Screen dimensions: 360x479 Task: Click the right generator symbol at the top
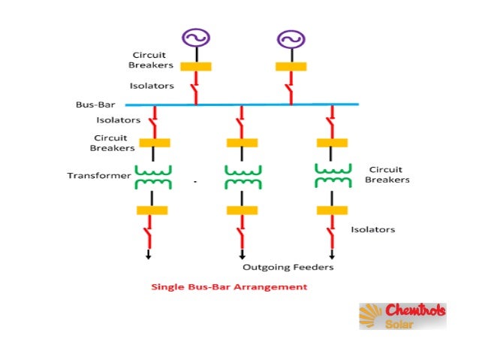(x=290, y=38)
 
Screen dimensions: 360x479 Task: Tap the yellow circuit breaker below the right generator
(x=290, y=66)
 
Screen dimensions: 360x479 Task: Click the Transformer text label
(x=99, y=176)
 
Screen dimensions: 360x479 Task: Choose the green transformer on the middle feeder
(x=243, y=177)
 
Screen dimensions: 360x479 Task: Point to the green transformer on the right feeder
(x=332, y=177)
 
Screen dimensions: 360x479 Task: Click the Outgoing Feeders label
(x=288, y=267)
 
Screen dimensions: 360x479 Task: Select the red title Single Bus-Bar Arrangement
(x=229, y=286)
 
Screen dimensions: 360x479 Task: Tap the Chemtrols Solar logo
(x=402, y=316)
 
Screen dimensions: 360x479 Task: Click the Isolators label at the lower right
(x=372, y=229)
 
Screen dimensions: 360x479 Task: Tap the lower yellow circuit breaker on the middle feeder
(x=242, y=210)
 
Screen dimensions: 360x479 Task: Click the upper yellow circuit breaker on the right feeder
(x=332, y=143)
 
